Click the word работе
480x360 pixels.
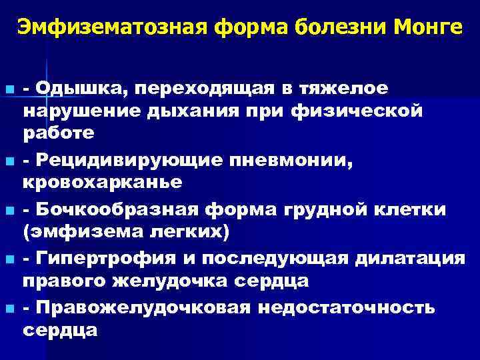tap(59, 132)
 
